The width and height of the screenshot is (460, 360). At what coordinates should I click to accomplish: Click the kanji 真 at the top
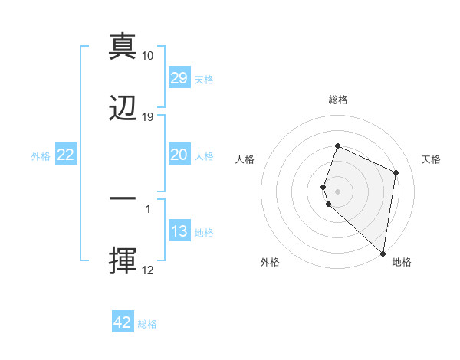tap(123, 47)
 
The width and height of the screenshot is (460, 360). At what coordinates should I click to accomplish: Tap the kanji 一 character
tap(123, 198)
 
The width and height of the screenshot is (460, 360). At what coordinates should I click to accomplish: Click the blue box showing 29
tap(179, 78)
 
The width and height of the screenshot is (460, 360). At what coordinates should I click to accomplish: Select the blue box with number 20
tap(179, 155)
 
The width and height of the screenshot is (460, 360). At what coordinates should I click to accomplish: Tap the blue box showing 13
tap(179, 231)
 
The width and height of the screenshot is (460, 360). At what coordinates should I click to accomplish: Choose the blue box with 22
tap(66, 155)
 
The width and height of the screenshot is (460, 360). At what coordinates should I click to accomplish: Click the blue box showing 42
tap(123, 322)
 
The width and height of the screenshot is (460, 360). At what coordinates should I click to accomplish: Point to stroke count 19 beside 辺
tap(148, 117)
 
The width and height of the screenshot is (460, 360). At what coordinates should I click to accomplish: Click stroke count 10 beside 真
tap(148, 56)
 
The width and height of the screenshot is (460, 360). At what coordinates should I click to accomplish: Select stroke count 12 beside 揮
tap(148, 270)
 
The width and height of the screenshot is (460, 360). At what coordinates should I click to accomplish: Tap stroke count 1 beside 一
tap(148, 208)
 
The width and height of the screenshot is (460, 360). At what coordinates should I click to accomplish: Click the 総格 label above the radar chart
tap(338, 100)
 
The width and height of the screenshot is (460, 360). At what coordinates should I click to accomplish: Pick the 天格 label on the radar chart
tap(431, 159)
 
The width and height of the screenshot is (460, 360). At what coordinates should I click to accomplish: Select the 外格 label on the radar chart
tap(270, 263)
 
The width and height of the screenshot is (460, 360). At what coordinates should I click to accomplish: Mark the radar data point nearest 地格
tap(383, 254)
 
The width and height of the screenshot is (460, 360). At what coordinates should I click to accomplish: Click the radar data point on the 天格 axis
tap(396, 172)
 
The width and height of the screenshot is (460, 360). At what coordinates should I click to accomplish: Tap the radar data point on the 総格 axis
tap(337, 146)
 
